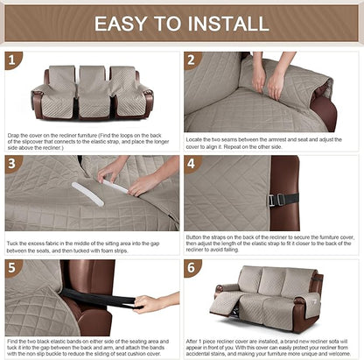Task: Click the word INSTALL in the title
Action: point(230,24)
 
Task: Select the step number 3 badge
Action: point(12,164)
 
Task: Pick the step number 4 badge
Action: point(192,164)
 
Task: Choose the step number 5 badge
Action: point(12,267)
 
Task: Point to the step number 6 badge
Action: point(192,267)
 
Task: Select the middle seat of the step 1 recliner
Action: point(92,92)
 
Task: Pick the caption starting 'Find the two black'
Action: point(92,345)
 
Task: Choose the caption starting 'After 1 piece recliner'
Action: point(271,345)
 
